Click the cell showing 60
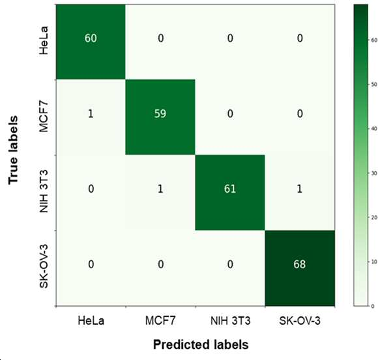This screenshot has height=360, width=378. click(91, 42)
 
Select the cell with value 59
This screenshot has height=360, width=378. click(160, 117)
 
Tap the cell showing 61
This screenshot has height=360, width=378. click(230, 193)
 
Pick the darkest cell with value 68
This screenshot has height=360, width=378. click(300, 268)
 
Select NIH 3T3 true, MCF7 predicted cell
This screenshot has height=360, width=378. click(160, 193)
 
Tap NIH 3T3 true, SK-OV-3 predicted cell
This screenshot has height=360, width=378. click(300, 193)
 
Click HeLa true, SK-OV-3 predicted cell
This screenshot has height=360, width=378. click(300, 42)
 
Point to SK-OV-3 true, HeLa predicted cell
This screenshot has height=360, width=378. click(91, 268)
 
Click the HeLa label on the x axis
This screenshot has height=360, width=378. click(91, 321)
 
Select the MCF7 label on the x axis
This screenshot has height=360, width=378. click(160, 321)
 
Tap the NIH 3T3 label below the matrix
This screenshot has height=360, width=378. click(231, 321)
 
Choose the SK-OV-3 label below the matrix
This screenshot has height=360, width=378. click(300, 321)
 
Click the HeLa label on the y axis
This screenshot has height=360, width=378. click(44, 40)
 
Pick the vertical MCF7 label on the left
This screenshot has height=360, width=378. click(44, 117)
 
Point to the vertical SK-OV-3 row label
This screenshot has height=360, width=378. click(44, 266)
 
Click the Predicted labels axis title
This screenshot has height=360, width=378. click(201, 345)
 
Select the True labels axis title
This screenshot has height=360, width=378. click(13, 150)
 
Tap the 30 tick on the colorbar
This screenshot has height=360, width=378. click(374, 173)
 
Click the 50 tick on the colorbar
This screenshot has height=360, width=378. click(374, 84)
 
